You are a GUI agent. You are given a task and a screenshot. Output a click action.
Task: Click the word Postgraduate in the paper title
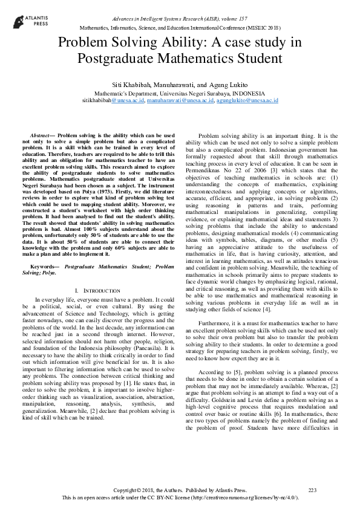[x=119, y=59]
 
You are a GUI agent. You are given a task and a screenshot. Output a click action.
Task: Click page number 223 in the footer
[x=312, y=490]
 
